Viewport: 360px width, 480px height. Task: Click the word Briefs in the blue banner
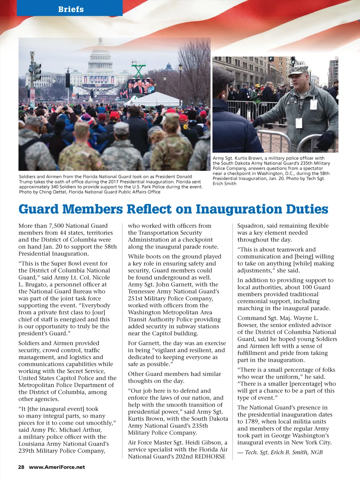click(x=71, y=9)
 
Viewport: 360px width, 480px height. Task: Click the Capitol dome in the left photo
click(x=101, y=58)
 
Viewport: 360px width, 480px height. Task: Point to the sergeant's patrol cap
click(x=298, y=69)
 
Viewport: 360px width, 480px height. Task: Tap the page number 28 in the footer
click(x=21, y=467)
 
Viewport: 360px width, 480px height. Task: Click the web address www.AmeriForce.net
click(x=57, y=467)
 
